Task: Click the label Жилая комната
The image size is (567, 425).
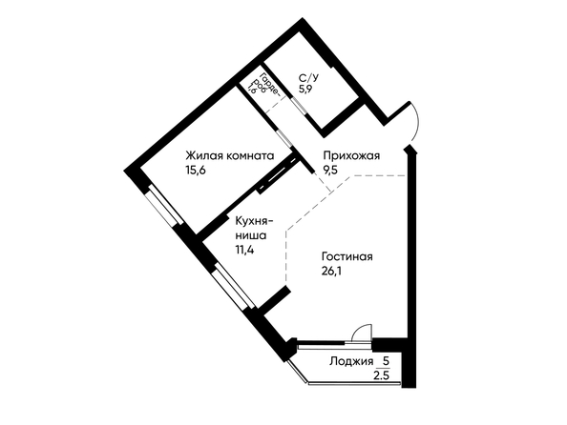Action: pos(230,155)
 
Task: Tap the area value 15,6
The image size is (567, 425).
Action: pos(196,170)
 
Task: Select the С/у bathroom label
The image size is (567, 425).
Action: pos(309,77)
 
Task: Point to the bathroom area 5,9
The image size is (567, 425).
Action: pos(305,89)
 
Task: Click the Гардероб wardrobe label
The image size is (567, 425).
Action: pos(267,85)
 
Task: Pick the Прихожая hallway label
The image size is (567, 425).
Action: pos(351,155)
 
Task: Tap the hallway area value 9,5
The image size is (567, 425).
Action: pos(330,170)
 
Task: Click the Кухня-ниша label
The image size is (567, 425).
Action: pos(254,228)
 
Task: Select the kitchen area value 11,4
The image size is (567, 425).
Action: pos(244,249)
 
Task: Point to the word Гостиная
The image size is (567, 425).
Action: pos(347,256)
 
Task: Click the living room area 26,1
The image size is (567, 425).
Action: pos(331,271)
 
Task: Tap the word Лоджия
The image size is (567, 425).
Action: pos(351,361)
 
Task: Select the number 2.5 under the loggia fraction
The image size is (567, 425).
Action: pos(381,375)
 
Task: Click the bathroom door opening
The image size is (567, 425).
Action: pos(299,107)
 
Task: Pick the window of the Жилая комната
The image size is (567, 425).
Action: pos(164,205)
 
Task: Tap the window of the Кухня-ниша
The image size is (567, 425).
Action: pos(234,286)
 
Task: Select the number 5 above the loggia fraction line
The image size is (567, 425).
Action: pos(386,360)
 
